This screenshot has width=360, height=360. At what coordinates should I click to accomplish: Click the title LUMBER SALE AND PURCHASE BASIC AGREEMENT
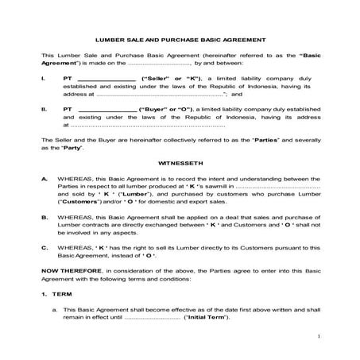(180, 38)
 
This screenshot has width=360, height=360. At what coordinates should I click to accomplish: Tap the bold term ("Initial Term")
(206, 318)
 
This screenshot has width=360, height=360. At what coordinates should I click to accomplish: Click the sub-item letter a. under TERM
(54, 309)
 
